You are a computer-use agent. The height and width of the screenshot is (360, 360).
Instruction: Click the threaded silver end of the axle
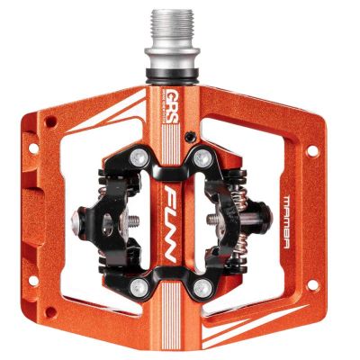click(x=170, y=28)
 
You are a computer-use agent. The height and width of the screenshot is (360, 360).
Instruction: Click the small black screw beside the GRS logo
click(x=190, y=137)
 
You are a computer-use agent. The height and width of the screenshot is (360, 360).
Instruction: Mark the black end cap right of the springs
click(x=267, y=220)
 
